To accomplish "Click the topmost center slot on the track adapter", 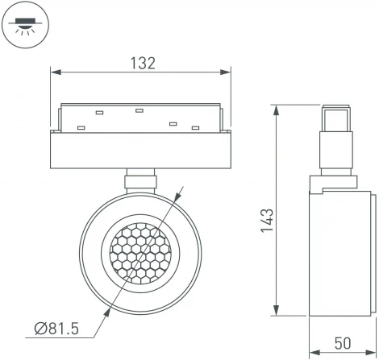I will click(x=139, y=110).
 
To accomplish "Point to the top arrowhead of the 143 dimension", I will click(x=277, y=107).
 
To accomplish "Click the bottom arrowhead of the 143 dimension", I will click(x=277, y=312).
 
